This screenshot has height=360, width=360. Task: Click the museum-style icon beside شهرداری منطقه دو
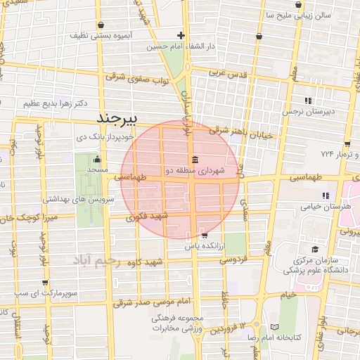(x=194, y=158)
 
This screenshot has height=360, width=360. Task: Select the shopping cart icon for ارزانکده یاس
(x=204, y=236)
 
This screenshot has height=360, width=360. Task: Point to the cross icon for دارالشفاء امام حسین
(x=181, y=35)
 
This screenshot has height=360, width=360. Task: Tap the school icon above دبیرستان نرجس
(x=308, y=100)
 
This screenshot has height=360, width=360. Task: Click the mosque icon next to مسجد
(x=97, y=159)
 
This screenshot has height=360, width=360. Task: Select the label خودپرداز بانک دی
(x=95, y=137)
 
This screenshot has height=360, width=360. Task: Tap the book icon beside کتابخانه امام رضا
(x=274, y=327)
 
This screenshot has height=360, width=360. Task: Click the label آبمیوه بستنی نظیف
(x=99, y=34)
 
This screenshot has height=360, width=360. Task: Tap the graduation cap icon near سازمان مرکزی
(x=314, y=249)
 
